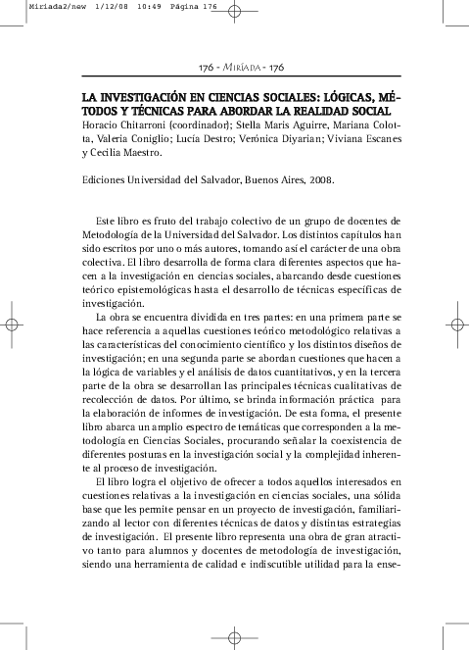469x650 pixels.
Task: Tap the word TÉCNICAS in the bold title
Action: click(x=160, y=112)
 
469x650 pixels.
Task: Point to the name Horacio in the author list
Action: click(x=101, y=125)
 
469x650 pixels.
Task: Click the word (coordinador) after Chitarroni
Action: click(x=197, y=125)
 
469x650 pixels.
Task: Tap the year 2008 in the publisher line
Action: click(x=320, y=180)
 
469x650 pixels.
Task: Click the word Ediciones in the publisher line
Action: click(x=106, y=180)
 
